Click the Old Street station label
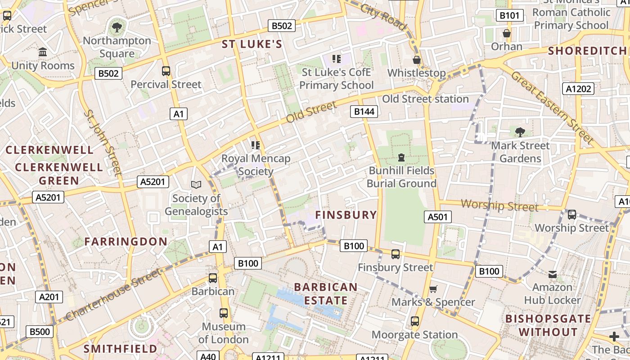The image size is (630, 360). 425,99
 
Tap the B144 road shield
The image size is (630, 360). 364,111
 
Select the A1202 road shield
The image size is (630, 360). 578,89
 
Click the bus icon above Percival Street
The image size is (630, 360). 166,71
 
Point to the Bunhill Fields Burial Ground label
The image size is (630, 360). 401,177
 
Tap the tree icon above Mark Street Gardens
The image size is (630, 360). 520,132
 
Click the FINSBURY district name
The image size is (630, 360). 346,215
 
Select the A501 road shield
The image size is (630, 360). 437,217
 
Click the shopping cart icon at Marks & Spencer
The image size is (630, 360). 433,289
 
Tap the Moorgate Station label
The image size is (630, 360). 414,335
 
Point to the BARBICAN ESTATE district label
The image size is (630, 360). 325,293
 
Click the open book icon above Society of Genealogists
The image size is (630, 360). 196,184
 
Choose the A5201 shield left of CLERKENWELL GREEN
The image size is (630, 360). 48,197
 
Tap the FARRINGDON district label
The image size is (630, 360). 126,242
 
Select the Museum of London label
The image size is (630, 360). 223,333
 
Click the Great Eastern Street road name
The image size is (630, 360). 552,107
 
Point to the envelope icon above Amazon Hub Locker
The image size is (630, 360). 553,274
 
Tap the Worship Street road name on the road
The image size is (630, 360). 499,206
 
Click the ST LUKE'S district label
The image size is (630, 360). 252,44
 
